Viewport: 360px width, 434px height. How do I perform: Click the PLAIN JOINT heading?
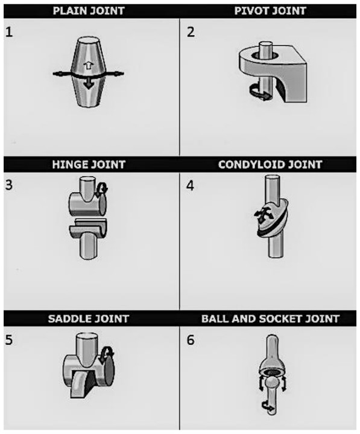[x=89, y=11]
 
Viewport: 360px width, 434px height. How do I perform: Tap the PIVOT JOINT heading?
[x=270, y=11]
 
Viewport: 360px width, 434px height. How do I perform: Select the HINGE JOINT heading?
[x=89, y=165]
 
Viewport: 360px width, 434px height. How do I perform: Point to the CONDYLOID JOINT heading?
[x=270, y=165]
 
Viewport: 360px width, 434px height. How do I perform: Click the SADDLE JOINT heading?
[x=89, y=319]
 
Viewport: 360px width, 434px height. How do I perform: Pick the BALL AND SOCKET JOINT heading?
[x=270, y=319]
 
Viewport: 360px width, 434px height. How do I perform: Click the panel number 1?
[x=9, y=33]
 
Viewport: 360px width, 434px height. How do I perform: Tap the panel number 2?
[x=191, y=32]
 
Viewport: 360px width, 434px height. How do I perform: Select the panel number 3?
[x=9, y=185]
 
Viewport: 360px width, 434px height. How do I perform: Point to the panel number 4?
[x=190, y=186]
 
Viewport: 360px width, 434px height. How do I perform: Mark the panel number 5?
[x=9, y=340]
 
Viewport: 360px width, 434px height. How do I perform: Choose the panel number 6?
[x=191, y=340]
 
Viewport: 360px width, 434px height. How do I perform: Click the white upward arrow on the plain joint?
[x=87, y=66]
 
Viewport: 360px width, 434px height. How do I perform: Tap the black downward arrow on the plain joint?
[x=89, y=83]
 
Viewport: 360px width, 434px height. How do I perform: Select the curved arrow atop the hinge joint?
[x=103, y=188]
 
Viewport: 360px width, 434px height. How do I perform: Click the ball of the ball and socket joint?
[x=271, y=383]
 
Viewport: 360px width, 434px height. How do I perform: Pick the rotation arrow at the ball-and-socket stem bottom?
[x=268, y=406]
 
